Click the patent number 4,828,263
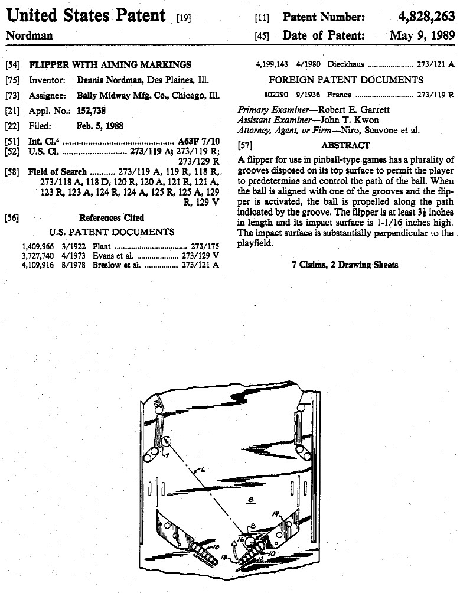point(423,17)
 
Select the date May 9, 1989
point(422,36)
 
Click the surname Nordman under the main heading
point(29,35)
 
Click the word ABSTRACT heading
point(345,145)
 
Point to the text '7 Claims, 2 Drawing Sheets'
point(345,265)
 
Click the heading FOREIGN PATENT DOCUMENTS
point(345,80)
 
